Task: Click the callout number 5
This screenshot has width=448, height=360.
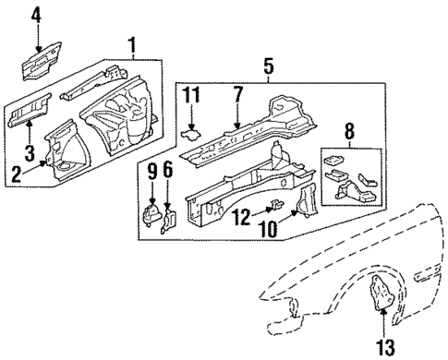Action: pyautogui.click(x=268, y=66)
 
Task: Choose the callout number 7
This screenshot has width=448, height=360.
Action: pyautogui.click(x=237, y=95)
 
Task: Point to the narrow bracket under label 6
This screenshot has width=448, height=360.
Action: pyautogui.click(x=167, y=219)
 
